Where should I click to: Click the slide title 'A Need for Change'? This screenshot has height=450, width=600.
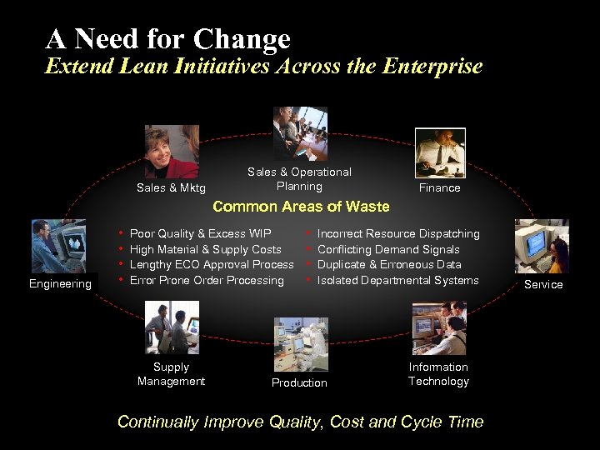[x=168, y=38]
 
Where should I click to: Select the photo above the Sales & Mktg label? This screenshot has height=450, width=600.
[x=172, y=152]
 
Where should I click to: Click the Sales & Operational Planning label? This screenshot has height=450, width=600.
[x=299, y=178]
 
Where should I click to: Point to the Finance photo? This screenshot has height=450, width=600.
[x=439, y=152]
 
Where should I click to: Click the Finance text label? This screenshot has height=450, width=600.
[x=439, y=188]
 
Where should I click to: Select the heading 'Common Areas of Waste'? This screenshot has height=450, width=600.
[x=302, y=207]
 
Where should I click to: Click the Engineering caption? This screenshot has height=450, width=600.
[x=60, y=284]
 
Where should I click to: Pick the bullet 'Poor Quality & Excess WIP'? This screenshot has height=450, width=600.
[x=200, y=234]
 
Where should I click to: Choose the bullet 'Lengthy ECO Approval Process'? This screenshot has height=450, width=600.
[x=212, y=264]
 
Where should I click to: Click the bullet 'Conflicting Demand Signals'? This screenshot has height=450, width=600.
[x=388, y=249]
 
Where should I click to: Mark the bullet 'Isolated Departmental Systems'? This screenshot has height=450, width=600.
[x=397, y=280]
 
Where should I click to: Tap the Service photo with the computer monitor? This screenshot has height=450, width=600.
[x=542, y=247]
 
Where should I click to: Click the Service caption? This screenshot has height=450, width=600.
[x=543, y=284]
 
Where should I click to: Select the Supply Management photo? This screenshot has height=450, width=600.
[x=172, y=327]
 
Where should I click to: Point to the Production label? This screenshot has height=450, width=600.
[x=299, y=382]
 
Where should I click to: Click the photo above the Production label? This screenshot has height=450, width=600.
[x=301, y=343]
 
